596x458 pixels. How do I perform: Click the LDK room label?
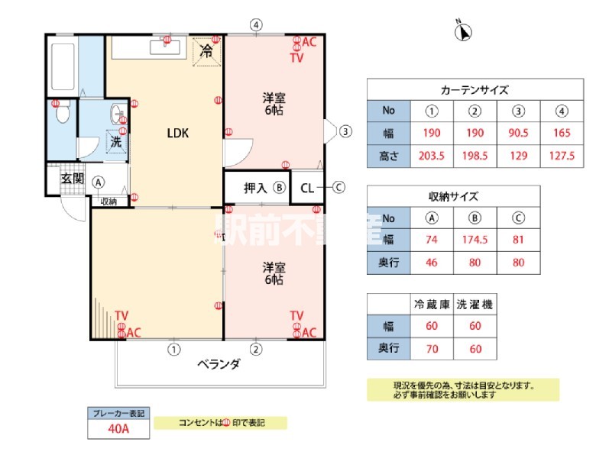[178, 133]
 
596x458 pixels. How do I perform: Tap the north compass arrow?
[463, 32]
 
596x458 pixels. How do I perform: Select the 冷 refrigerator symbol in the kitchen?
[206, 52]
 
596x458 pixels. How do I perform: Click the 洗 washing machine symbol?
[116, 141]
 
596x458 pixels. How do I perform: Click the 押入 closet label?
[254, 187]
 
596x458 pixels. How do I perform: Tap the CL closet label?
[308, 187]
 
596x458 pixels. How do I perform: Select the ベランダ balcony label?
[219, 364]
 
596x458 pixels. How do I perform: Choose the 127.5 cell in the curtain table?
[562, 156]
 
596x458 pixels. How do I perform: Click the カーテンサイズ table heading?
[475, 89]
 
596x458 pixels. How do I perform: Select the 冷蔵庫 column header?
[432, 305]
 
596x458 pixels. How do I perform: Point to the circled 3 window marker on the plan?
[345, 131]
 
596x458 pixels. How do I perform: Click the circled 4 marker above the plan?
[257, 24]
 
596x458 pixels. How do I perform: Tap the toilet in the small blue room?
[63, 114]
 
